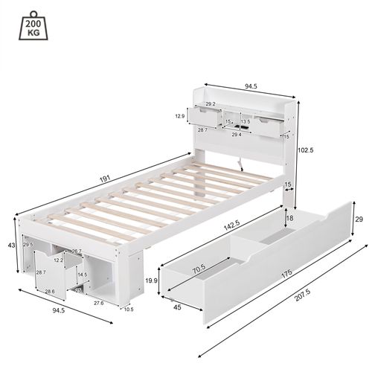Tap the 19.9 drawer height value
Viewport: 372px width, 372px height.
point(151,280)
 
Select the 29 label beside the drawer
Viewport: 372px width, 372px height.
point(359,219)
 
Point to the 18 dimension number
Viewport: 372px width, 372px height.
point(290,219)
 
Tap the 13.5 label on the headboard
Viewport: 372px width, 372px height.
point(245,121)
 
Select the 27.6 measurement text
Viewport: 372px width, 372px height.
point(98,303)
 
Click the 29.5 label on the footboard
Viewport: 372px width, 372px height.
point(28,244)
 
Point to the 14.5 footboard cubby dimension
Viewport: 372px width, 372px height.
point(82,275)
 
